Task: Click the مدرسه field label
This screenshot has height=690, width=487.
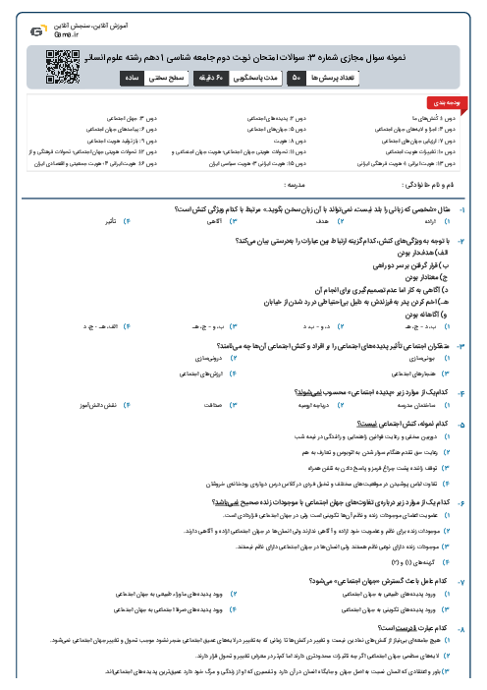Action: coord(296,184)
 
